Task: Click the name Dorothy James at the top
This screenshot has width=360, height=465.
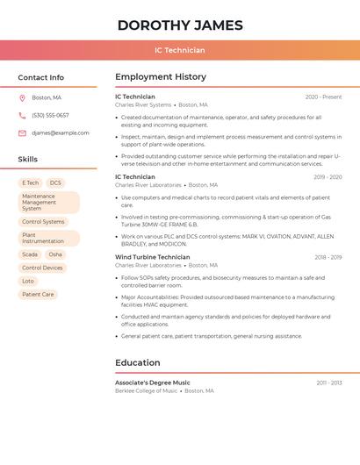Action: point(179,25)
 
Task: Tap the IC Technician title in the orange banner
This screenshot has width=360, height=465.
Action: point(179,50)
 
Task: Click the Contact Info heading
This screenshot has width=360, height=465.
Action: point(41,77)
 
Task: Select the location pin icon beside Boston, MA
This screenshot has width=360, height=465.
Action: point(22,97)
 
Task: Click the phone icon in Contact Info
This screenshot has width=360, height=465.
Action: point(22,115)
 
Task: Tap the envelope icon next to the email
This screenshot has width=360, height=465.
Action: point(22,133)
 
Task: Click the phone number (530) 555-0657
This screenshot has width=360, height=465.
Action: point(50,115)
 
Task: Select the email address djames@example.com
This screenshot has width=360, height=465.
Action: point(61,133)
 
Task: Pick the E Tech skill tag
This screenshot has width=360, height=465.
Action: point(31,183)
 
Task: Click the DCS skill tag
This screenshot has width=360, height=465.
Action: point(55,183)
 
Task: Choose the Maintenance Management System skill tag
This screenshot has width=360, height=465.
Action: point(48,203)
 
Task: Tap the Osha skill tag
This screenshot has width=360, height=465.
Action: point(55,254)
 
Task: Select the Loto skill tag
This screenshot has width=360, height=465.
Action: point(28,281)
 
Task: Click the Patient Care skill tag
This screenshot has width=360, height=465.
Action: point(38,294)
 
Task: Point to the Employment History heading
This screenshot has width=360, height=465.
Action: point(161,77)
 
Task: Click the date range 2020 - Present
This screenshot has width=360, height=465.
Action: point(323,97)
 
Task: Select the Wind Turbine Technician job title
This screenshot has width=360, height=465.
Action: point(152,257)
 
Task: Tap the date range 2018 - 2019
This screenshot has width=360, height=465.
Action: point(328,257)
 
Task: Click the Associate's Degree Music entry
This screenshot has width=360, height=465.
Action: point(153,383)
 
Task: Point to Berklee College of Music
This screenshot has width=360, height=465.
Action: point(146,390)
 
